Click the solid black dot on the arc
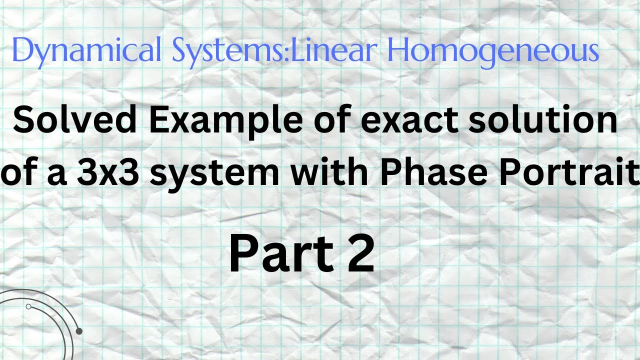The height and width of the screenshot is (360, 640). (x=78, y=331)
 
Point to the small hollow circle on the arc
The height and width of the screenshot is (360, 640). (x=28, y=306)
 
